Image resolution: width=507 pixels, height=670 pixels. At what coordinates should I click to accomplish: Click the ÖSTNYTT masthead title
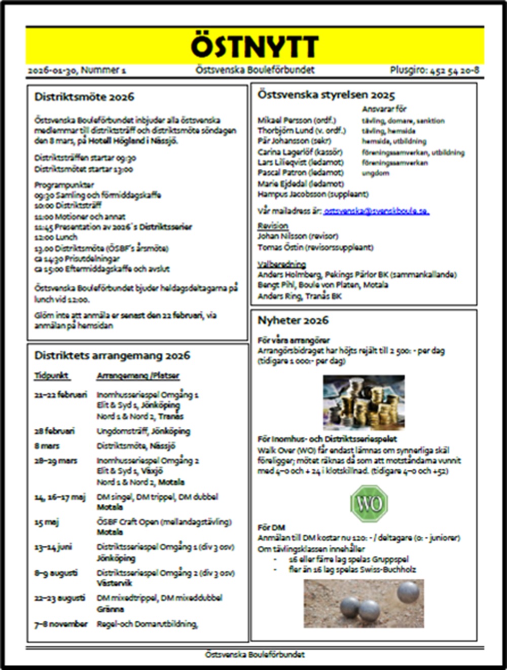[x=255, y=47]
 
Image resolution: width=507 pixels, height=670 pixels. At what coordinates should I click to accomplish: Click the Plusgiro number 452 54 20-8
[x=434, y=70]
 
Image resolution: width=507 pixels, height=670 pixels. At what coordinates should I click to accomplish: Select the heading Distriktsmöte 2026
[x=84, y=97]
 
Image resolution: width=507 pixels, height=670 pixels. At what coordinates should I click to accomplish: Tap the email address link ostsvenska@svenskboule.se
[x=376, y=210]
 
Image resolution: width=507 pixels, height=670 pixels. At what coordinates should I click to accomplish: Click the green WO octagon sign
[x=369, y=503]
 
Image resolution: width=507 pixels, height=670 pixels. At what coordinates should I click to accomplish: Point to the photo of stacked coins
[x=364, y=402]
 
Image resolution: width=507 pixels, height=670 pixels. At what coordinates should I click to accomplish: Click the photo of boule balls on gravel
[x=364, y=603]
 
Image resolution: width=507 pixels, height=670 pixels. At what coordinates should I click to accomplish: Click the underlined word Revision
[x=273, y=226]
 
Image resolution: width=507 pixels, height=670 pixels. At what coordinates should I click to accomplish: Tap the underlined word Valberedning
[x=281, y=264]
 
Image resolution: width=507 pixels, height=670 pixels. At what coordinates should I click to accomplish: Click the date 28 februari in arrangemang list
[x=54, y=431]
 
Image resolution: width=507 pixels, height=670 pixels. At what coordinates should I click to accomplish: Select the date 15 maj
[x=46, y=522]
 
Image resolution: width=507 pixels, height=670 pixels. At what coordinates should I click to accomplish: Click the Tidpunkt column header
[x=52, y=376]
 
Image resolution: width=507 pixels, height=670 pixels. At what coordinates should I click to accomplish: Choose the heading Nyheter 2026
[x=293, y=320]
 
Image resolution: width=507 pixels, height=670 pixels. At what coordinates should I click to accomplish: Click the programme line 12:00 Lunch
[x=56, y=237]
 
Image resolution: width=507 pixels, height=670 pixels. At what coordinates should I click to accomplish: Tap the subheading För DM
[x=271, y=528]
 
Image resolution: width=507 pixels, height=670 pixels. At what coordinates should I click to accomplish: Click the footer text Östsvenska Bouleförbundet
[x=255, y=654]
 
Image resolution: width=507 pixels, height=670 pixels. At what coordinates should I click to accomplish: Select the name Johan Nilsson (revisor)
[x=298, y=236]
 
